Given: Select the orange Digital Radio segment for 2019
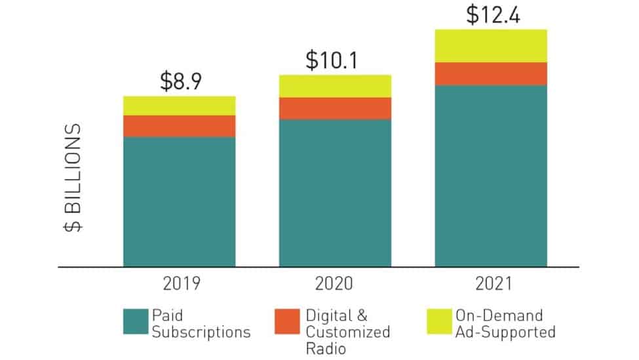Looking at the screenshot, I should (179, 126).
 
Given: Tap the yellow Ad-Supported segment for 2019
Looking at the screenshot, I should (179, 106).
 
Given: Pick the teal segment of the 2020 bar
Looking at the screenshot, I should (335, 193).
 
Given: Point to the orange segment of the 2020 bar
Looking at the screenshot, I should (335, 108).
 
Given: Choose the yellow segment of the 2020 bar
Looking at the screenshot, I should (335, 86).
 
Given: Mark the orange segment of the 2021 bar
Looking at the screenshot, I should (491, 73).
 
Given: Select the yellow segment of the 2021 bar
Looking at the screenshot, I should (491, 46).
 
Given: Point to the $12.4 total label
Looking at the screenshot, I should (492, 14).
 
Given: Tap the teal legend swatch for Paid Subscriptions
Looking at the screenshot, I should (136, 322).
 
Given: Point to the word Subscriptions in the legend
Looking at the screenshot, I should (201, 332).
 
